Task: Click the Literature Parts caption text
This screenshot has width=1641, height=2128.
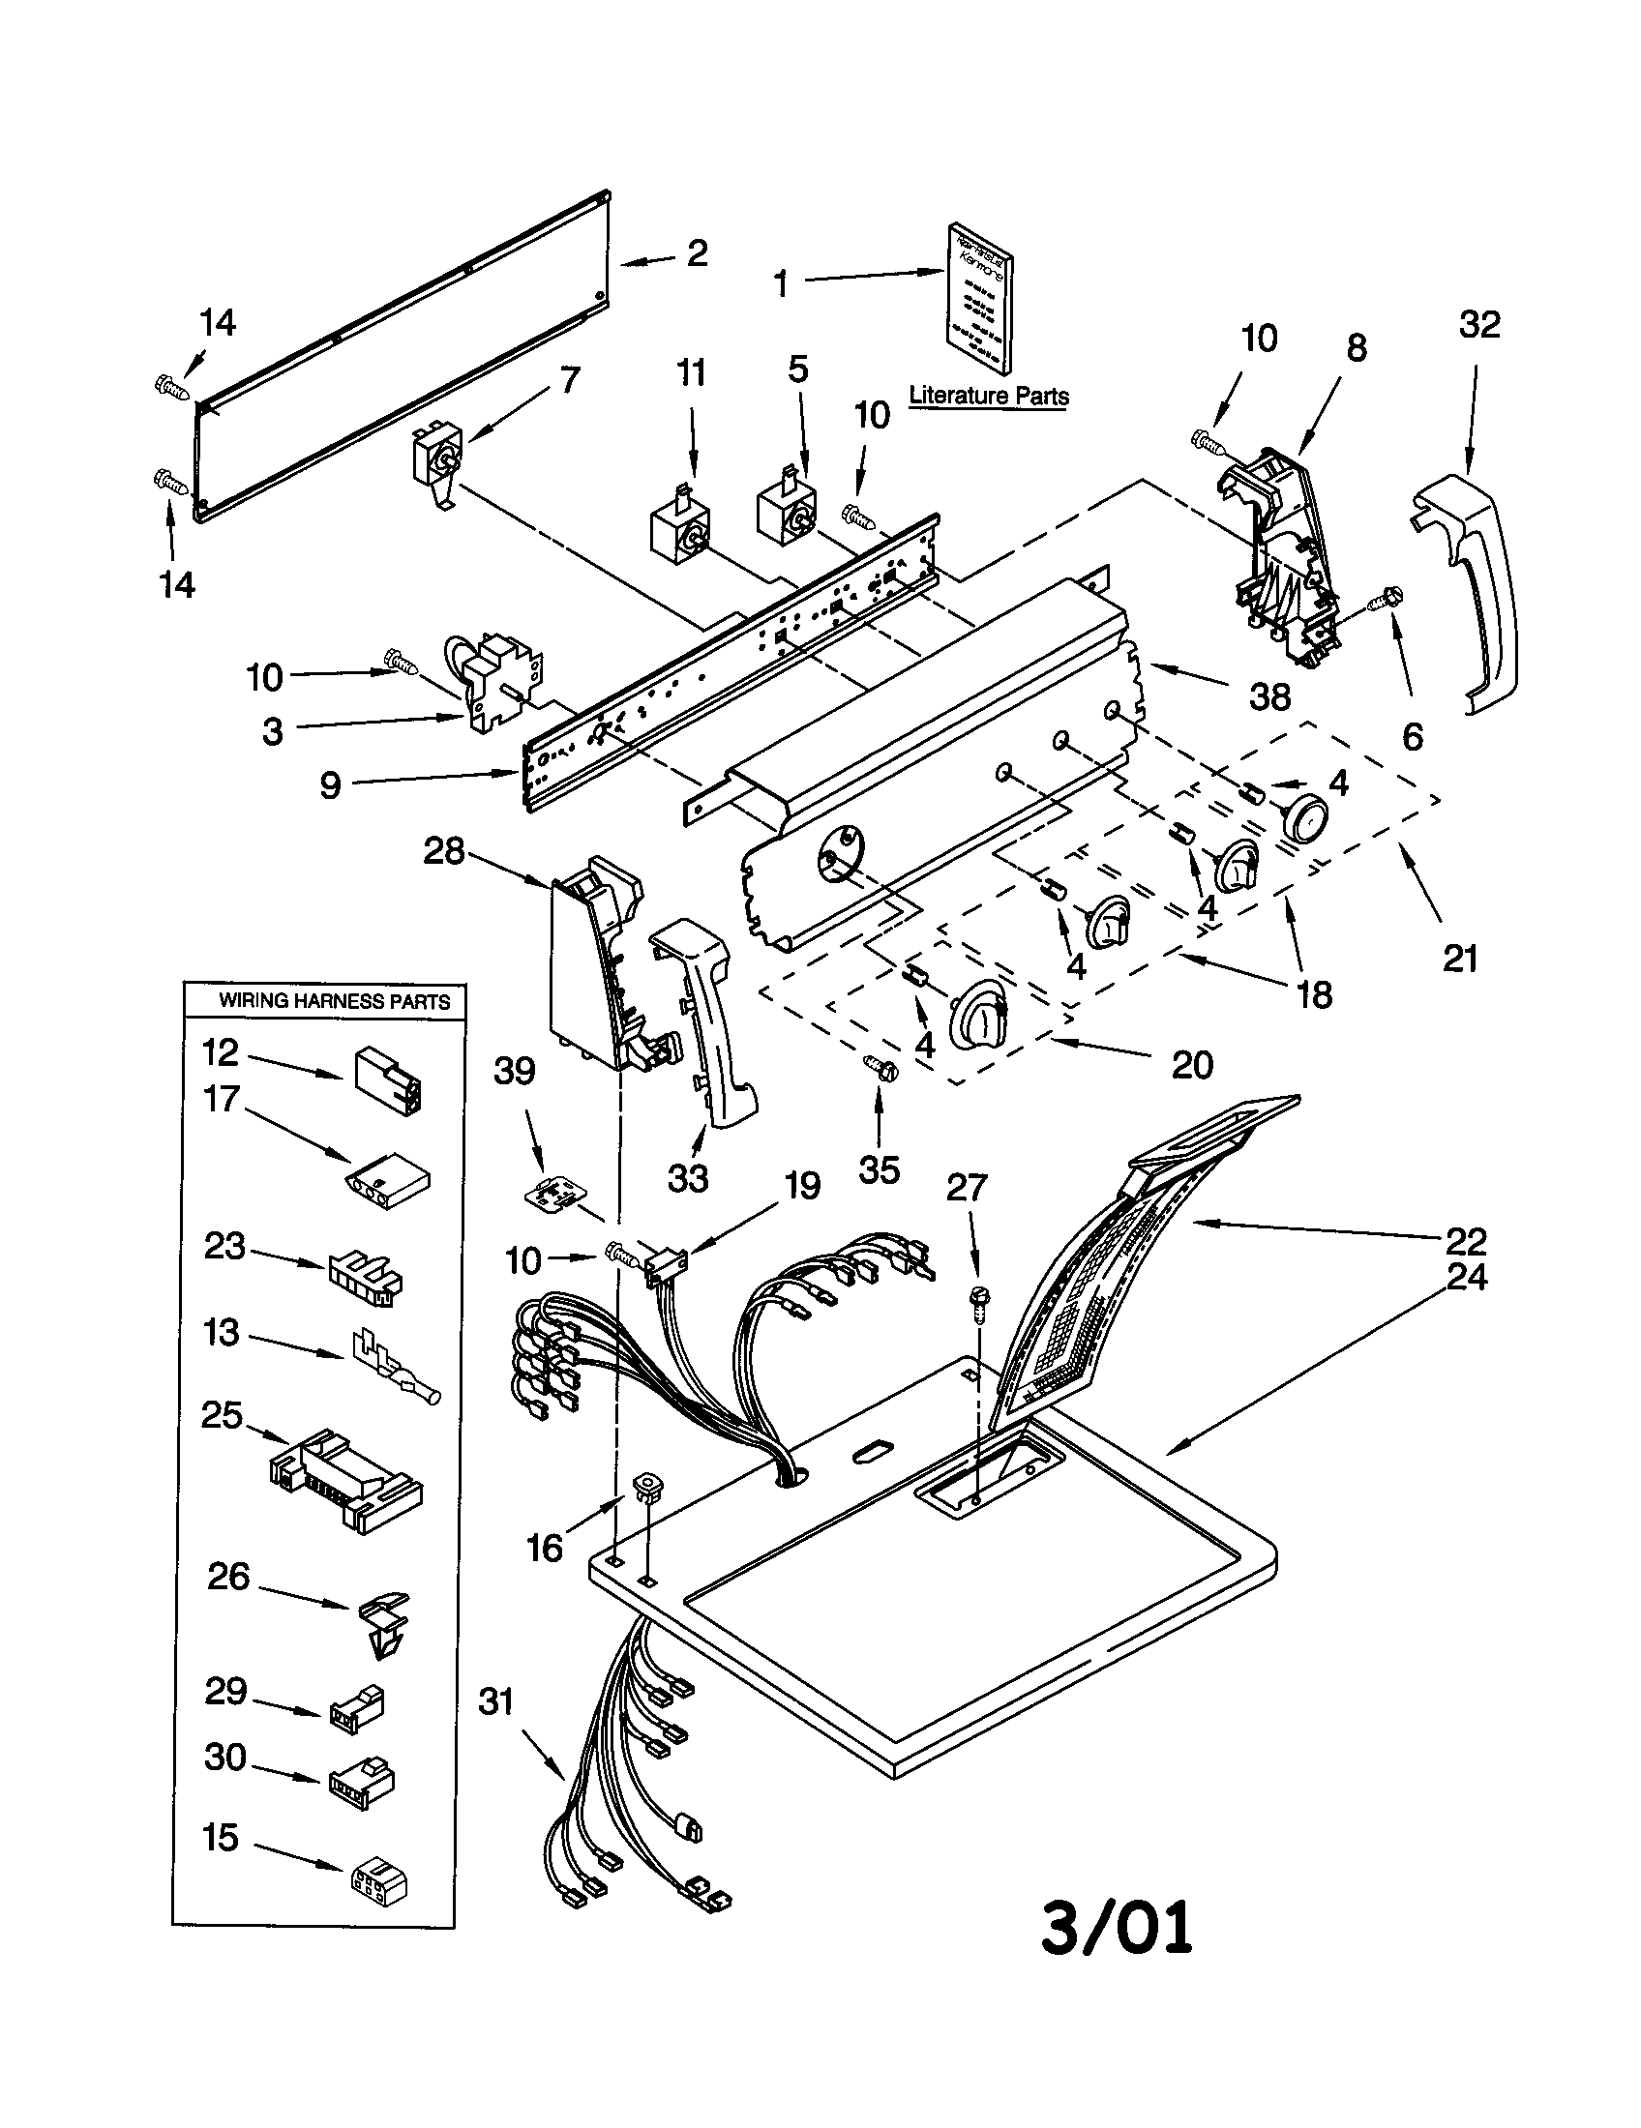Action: [x=988, y=396]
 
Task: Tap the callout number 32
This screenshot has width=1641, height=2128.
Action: [x=1479, y=324]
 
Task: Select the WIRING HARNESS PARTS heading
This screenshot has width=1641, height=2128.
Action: [x=333, y=1001]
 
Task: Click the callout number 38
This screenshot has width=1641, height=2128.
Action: [x=1269, y=695]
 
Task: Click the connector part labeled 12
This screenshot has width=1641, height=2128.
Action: [x=388, y=1079]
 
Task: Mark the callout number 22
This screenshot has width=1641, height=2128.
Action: [x=1466, y=1241]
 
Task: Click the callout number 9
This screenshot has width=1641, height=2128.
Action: [x=330, y=784]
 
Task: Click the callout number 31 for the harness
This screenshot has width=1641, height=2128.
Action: [x=496, y=1702]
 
